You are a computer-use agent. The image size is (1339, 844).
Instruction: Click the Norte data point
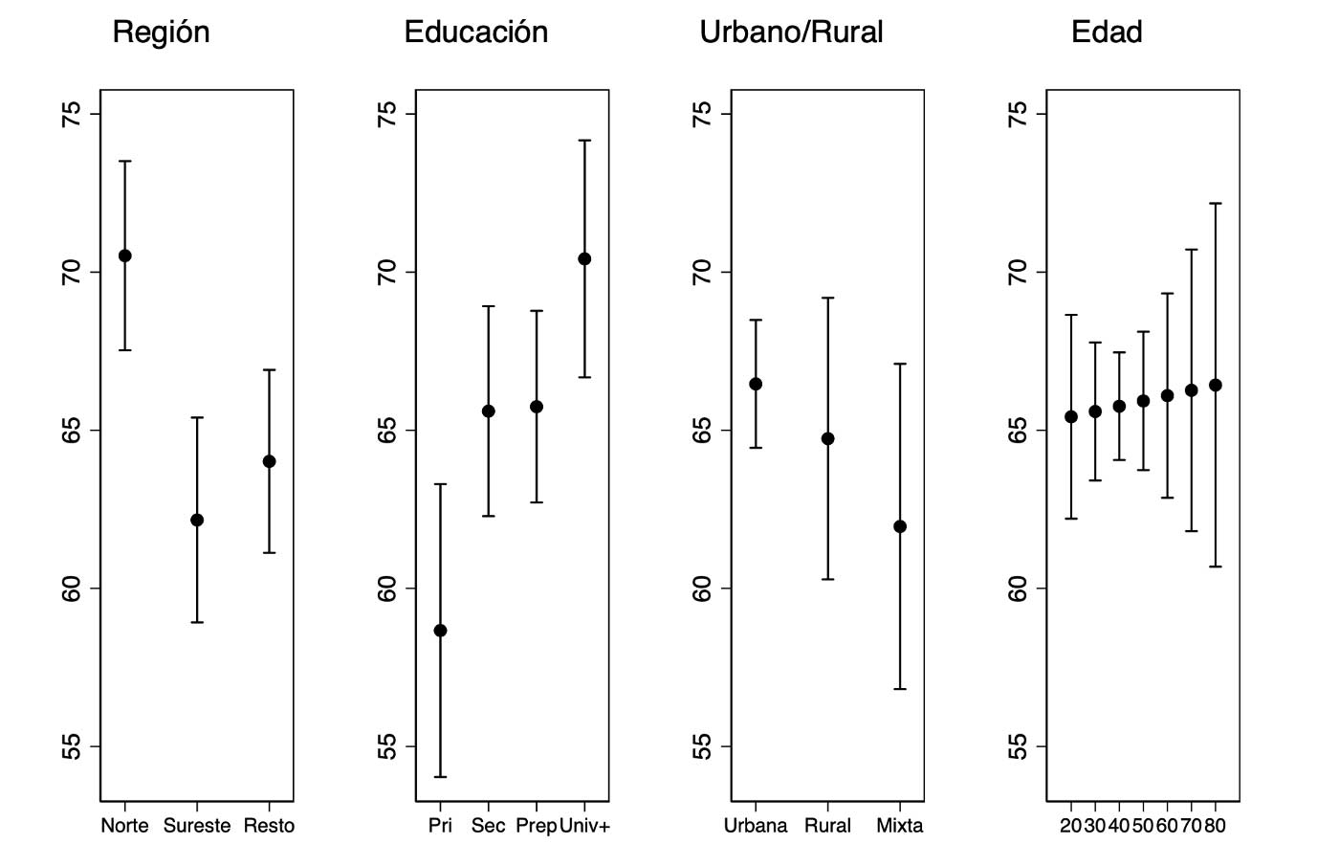tap(124, 255)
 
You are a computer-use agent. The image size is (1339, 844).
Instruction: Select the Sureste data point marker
tap(197, 520)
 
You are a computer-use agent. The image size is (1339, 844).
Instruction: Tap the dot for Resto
tap(270, 461)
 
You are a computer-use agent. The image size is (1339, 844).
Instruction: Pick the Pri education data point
tap(440, 631)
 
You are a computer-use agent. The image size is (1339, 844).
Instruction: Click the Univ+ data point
tap(584, 258)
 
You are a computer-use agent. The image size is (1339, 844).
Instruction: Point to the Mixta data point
tap(900, 526)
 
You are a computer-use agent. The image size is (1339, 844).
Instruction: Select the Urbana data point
tap(756, 384)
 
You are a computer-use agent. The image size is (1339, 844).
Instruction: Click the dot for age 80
tap(1216, 385)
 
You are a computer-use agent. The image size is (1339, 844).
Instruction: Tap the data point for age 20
tap(1071, 416)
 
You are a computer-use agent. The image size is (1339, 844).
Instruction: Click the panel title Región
tap(161, 33)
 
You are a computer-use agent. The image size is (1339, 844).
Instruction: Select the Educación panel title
tap(475, 33)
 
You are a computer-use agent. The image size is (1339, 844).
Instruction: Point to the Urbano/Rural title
tap(791, 33)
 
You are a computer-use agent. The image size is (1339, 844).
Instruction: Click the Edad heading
tap(1107, 33)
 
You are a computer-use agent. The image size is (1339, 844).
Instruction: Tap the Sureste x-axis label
tap(197, 825)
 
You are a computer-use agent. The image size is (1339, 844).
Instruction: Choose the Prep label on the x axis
tap(536, 825)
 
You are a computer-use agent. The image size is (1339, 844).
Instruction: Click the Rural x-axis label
tap(827, 825)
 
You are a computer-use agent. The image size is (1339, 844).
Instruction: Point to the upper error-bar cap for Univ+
tap(584, 141)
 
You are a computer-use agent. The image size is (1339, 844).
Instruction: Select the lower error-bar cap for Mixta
tap(900, 689)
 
